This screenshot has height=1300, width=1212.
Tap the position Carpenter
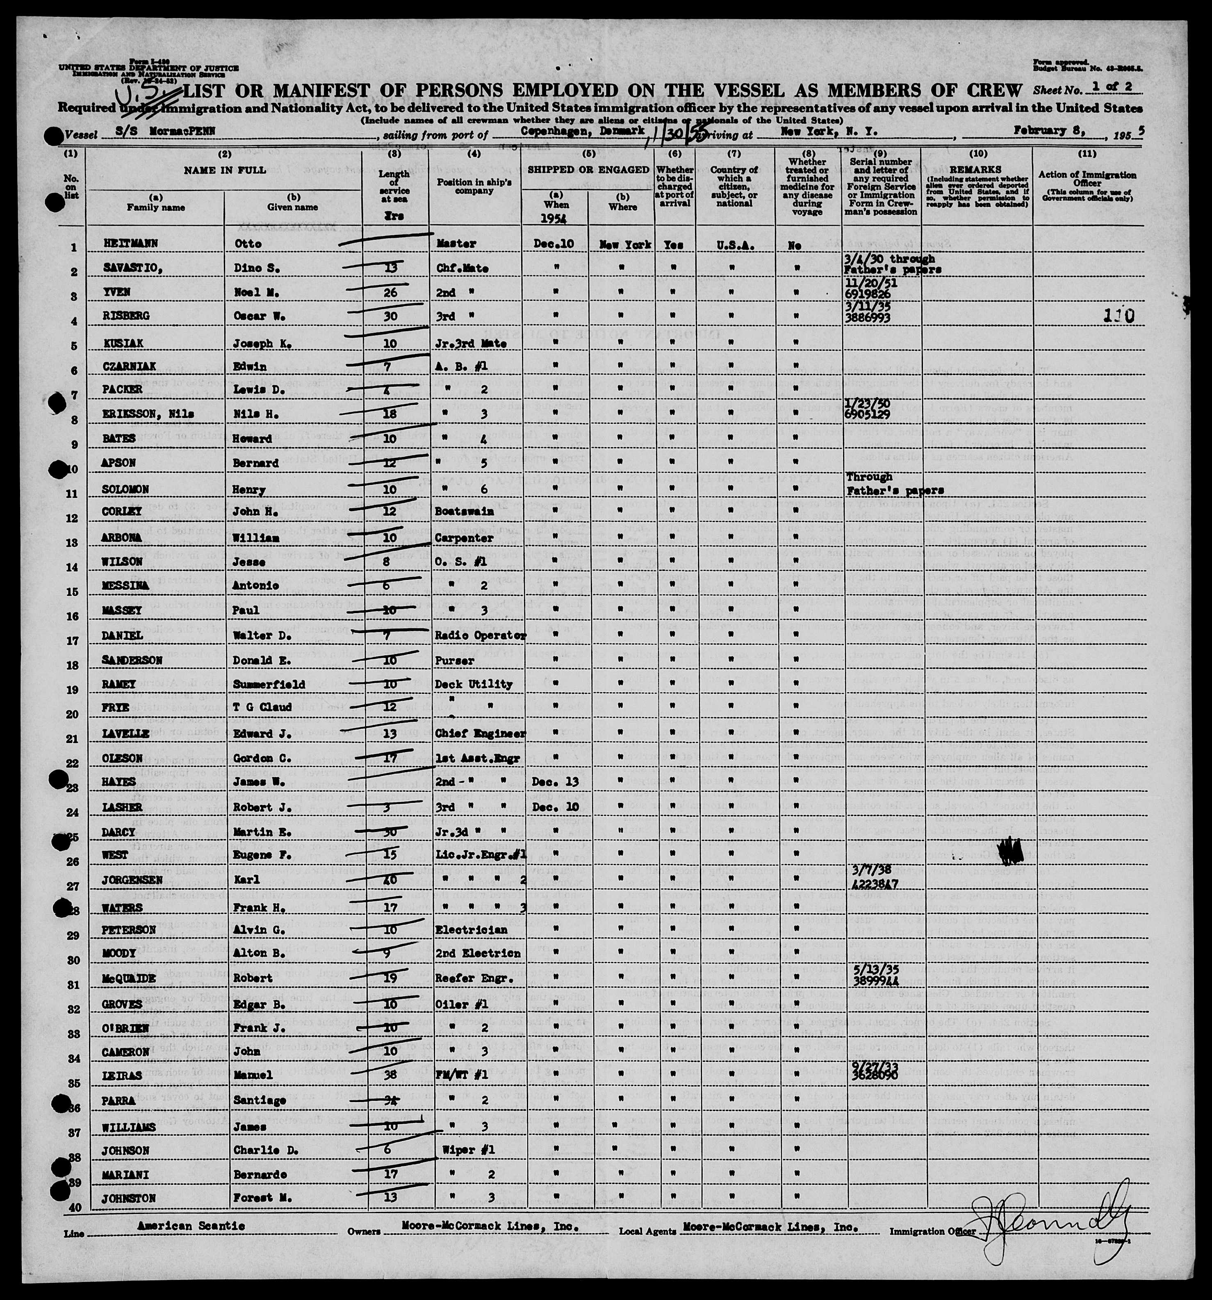460,538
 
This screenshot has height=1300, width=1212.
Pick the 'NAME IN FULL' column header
224,170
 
